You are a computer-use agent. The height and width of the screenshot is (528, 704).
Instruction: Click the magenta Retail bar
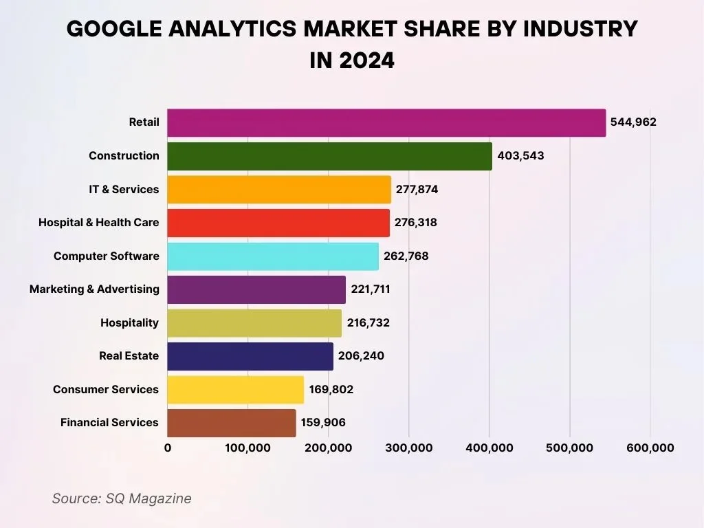click(x=386, y=122)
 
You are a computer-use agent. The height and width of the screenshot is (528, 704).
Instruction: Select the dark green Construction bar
click(x=329, y=156)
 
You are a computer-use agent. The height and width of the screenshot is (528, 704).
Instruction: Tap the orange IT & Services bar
click(x=279, y=189)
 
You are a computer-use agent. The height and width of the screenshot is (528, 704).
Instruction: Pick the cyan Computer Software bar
click(x=273, y=256)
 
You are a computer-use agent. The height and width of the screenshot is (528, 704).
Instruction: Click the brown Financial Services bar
click(x=232, y=423)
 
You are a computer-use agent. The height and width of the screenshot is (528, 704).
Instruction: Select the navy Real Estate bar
click(x=250, y=356)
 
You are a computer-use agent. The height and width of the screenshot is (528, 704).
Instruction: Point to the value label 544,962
click(x=633, y=122)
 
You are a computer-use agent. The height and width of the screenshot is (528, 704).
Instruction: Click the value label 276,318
click(x=416, y=223)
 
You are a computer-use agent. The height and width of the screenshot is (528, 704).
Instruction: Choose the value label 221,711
click(x=371, y=289)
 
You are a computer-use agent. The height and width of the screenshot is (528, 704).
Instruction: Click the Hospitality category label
click(x=129, y=322)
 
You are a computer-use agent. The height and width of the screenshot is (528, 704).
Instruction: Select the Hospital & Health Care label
click(x=98, y=223)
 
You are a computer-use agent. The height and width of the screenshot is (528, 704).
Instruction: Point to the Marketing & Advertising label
click(x=94, y=289)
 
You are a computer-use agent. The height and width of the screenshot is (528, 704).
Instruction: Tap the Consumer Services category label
click(x=106, y=389)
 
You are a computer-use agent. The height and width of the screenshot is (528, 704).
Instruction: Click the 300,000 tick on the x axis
click(x=409, y=448)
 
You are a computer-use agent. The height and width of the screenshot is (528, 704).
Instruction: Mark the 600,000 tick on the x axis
click(x=650, y=448)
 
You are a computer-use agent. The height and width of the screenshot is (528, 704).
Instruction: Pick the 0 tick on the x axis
click(x=168, y=448)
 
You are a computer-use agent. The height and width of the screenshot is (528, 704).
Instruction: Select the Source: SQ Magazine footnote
click(x=122, y=498)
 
